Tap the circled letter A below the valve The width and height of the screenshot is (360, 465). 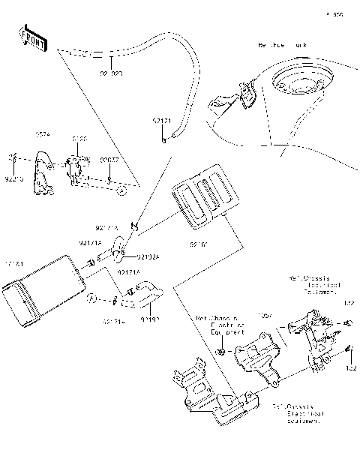point(120,193)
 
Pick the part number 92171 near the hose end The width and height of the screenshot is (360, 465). point(163,120)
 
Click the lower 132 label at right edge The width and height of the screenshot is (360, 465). point(349,370)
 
